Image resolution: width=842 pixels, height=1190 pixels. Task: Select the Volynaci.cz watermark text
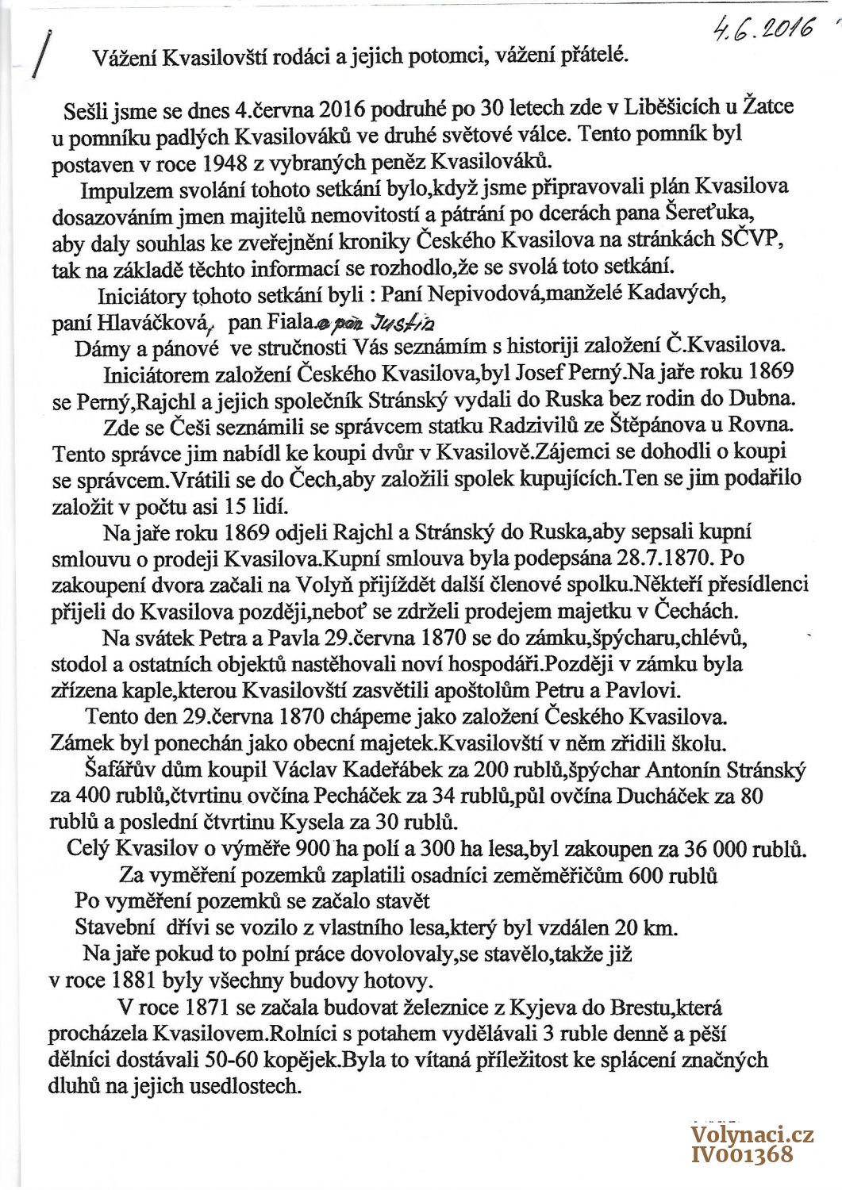(x=752, y=1134)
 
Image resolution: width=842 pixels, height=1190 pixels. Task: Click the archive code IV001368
(x=742, y=1154)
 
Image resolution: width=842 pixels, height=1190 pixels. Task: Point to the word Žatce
(x=767, y=106)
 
